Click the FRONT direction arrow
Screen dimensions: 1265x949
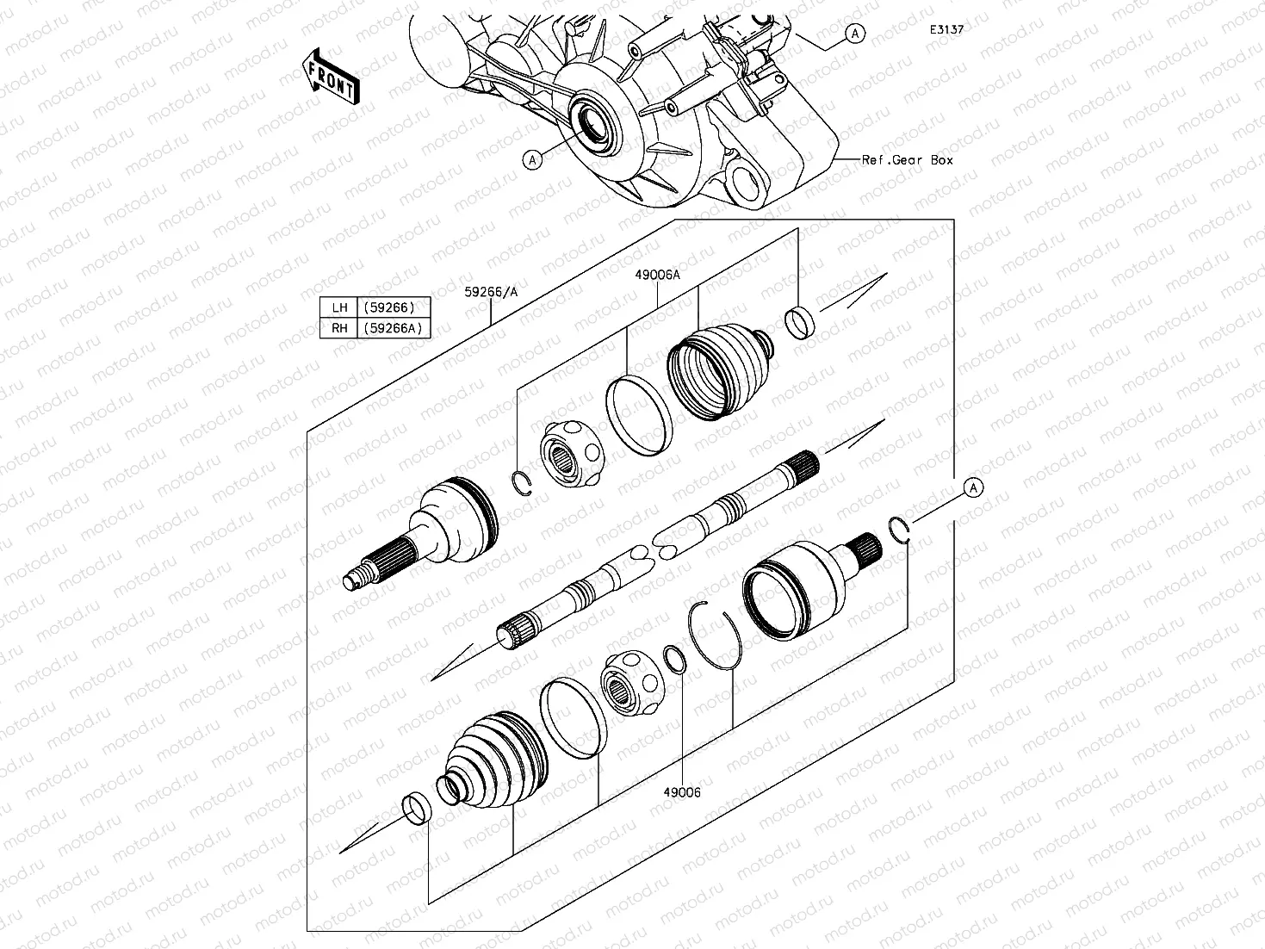tap(332, 76)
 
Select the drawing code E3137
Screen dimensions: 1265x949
tap(946, 29)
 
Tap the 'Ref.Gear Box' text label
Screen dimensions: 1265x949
tap(907, 160)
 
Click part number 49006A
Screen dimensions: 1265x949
tap(658, 275)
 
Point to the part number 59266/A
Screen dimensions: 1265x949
tap(492, 292)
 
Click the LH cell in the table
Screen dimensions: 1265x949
tap(339, 307)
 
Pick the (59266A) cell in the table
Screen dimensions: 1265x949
tap(393, 328)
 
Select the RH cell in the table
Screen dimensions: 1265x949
tap(339, 328)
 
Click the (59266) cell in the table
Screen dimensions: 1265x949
tap(389, 307)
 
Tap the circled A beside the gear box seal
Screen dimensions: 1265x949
tap(533, 159)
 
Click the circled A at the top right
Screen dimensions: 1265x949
tap(854, 33)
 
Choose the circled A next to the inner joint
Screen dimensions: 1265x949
tap(973, 487)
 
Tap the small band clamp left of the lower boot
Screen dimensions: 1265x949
tap(418, 808)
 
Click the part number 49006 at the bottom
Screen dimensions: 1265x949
tap(681, 792)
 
